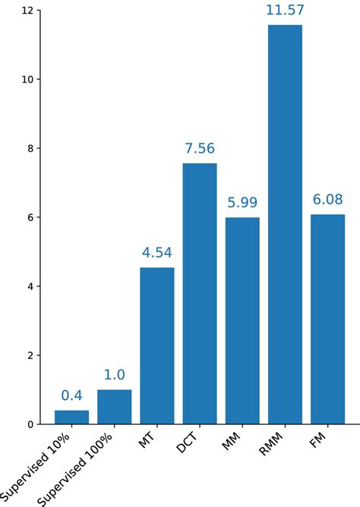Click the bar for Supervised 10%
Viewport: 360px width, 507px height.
point(71,417)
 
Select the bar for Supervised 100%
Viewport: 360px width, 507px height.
point(114,407)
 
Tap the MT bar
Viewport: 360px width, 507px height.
point(157,345)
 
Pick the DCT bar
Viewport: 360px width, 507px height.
point(200,294)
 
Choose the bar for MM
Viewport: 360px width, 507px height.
point(242,320)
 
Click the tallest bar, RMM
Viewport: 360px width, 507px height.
point(285,225)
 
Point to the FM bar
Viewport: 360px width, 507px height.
point(327,319)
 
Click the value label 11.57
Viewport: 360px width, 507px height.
point(285,11)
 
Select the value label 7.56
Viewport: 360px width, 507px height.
point(200,149)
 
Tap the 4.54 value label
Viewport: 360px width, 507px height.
point(157,253)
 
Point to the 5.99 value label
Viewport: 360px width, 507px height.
point(242,203)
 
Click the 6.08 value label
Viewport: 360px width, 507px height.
point(327,200)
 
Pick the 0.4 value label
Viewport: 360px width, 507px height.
point(71,395)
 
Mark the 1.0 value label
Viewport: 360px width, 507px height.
point(114,375)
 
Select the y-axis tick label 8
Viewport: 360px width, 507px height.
point(30,149)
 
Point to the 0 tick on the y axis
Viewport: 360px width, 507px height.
point(30,424)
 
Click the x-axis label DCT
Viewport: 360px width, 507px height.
point(188,442)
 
